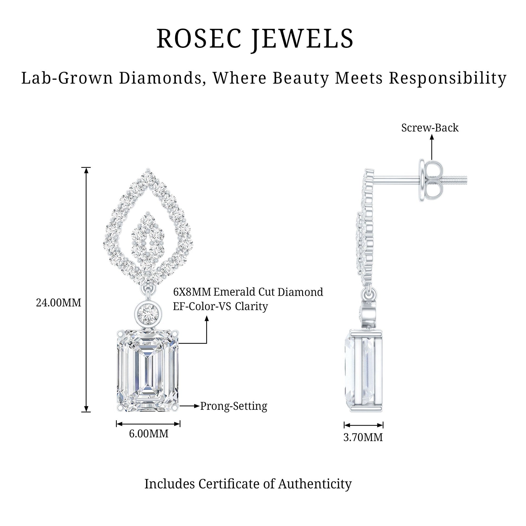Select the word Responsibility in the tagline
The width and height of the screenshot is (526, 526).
448,79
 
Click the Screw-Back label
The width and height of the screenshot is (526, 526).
430,128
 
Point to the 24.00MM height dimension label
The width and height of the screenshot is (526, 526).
59,302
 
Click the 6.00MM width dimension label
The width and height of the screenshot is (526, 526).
149,434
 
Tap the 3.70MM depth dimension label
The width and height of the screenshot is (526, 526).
363,437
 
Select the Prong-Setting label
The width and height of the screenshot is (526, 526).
234,406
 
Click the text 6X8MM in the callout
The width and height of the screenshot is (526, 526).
192,292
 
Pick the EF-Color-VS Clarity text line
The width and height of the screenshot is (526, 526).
221,306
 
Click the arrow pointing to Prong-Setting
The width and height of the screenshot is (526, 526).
189,406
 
